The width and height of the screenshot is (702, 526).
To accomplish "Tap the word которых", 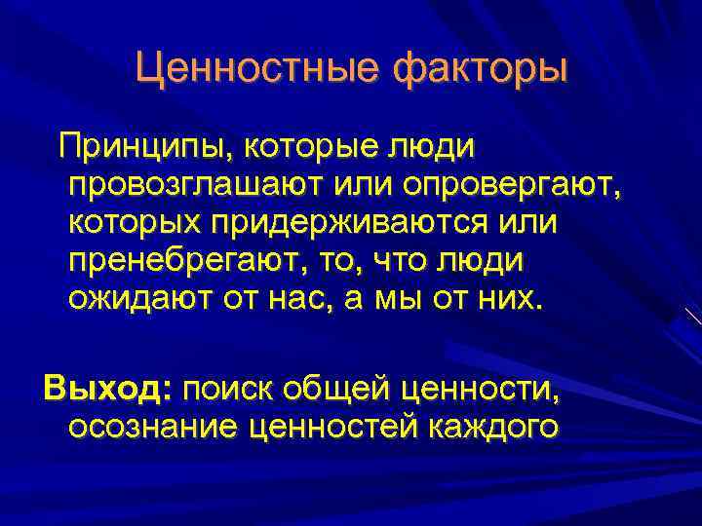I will (x=134, y=222).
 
